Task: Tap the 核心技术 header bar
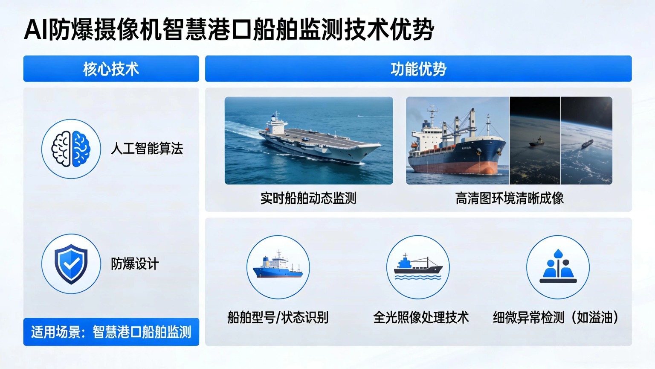pos(111,69)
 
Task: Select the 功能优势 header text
pos(418,69)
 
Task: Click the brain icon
pos(71,149)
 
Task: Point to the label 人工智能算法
pos(147,149)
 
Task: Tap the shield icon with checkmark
pos(71,264)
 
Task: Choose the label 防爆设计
pos(135,264)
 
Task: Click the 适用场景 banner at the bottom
pos(111,332)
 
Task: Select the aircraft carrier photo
pos(309,141)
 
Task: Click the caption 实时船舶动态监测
pos(308,198)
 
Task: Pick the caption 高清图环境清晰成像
pos(509,198)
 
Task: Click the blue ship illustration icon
pos(278,267)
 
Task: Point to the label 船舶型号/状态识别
pos(278,317)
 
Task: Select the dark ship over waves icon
pos(418,267)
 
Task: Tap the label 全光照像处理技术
pos(421,317)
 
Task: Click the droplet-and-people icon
pos(558,267)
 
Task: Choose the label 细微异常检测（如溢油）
pos(556,317)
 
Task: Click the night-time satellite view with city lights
pos(535,141)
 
